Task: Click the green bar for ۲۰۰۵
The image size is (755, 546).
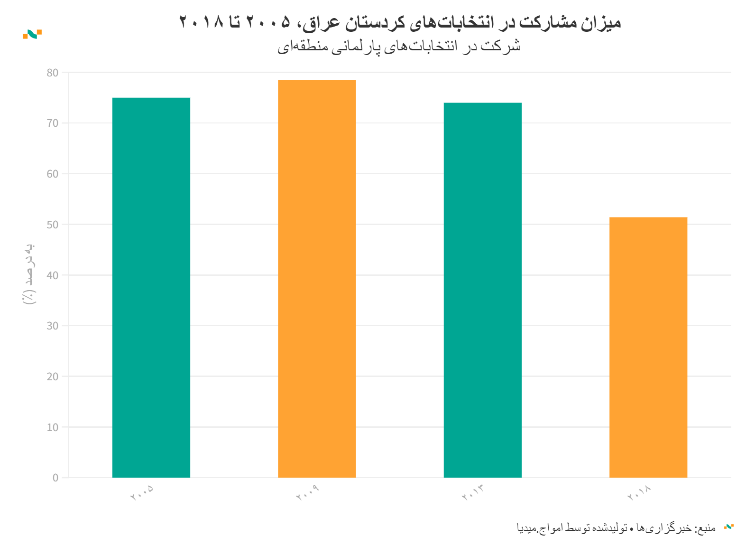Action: pyautogui.click(x=151, y=287)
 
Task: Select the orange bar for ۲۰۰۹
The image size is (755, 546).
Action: pyautogui.click(x=317, y=279)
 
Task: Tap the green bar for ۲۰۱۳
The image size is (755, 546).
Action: pyautogui.click(x=482, y=290)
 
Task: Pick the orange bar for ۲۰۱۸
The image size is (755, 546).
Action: pyautogui.click(x=648, y=347)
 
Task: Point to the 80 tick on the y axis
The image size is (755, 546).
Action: pyautogui.click(x=53, y=73)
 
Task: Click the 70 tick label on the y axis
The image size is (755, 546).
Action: pyautogui.click(x=53, y=123)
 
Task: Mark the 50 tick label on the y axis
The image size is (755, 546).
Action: pyautogui.click(x=53, y=225)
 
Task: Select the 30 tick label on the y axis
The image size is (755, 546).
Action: pyautogui.click(x=53, y=326)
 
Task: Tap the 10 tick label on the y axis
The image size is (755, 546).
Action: pyautogui.click(x=53, y=427)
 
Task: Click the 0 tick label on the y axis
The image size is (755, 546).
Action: pyautogui.click(x=55, y=478)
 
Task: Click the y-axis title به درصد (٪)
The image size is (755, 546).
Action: pyautogui.click(x=29, y=274)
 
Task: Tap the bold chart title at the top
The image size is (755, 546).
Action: pyautogui.click(x=400, y=22)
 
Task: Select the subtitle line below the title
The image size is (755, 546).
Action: pyautogui.click(x=399, y=47)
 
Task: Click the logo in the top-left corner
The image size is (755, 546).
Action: pyautogui.click(x=32, y=34)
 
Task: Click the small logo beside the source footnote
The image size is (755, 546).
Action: pyautogui.click(x=728, y=527)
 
